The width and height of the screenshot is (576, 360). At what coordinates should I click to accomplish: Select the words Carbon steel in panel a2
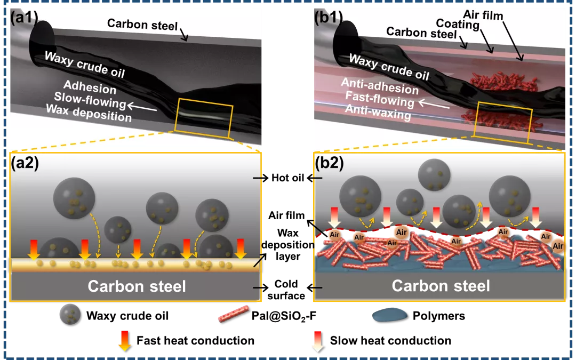click(x=137, y=286)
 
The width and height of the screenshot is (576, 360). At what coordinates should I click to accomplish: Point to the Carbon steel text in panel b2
click(x=441, y=286)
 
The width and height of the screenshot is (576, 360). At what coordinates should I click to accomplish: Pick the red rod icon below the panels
click(x=234, y=313)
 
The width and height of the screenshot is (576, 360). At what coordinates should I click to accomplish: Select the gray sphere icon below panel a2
click(x=70, y=314)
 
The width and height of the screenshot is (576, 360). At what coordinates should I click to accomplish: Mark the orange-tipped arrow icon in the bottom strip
click(x=124, y=341)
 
